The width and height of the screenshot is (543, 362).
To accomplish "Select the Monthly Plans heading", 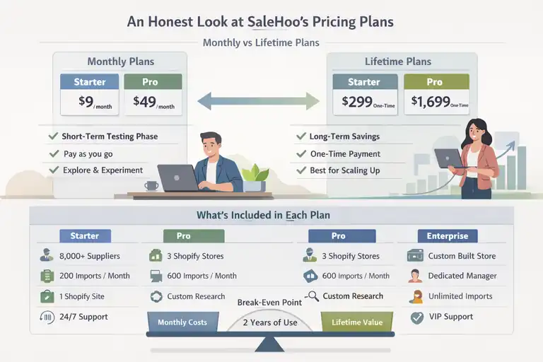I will pos(120,62).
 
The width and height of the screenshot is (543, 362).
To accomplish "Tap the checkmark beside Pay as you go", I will pos(52,153).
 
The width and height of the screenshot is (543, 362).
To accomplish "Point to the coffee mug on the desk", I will pos(151,186).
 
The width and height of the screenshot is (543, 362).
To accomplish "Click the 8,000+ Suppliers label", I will pos(90,256).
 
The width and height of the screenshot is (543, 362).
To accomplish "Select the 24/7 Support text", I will pos(83,316).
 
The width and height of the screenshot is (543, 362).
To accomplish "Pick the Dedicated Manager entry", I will pos(462,276).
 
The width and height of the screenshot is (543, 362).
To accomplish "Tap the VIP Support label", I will pos(450,316).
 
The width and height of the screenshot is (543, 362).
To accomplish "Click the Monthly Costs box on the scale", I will pos(182,322).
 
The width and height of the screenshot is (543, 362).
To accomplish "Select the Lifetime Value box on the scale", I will pos(356,322).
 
